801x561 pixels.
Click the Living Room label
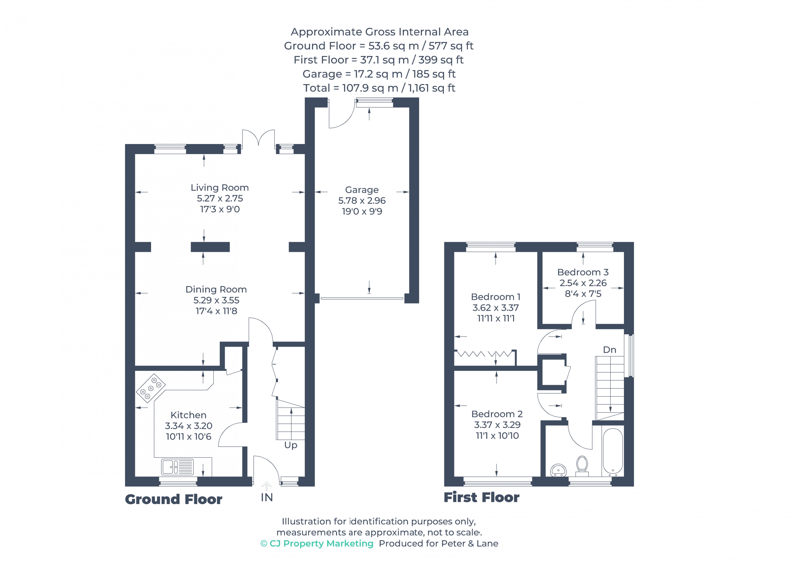click(x=219, y=187)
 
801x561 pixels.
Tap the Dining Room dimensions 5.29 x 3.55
click(x=216, y=300)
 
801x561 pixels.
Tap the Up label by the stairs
click(x=291, y=445)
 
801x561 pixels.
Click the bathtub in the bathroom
click(x=613, y=452)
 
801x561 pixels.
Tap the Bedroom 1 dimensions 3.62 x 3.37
click(x=495, y=308)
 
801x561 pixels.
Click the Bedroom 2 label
click(x=497, y=414)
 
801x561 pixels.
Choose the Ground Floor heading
click(x=173, y=499)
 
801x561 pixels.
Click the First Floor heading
click(x=481, y=497)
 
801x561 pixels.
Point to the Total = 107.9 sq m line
click(x=379, y=88)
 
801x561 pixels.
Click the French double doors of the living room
click(x=258, y=138)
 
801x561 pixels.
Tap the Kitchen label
click(x=188, y=415)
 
